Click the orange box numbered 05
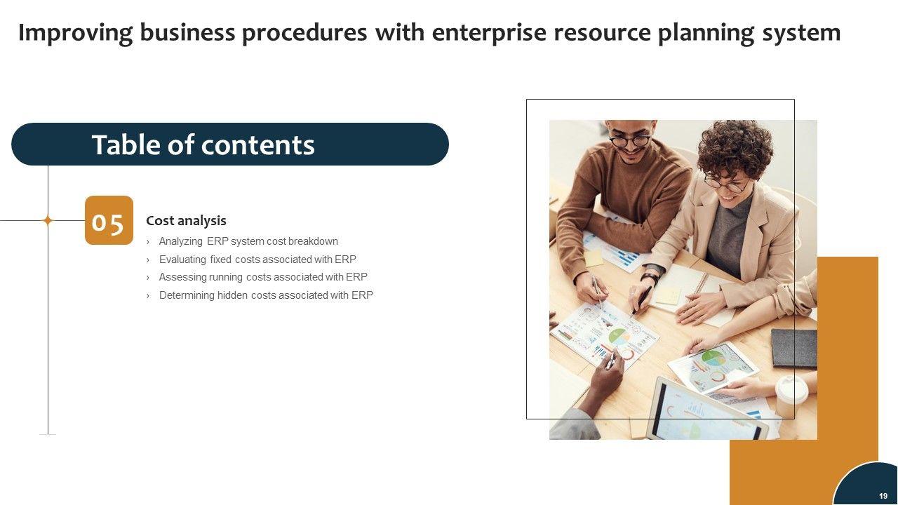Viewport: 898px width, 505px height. point(109,220)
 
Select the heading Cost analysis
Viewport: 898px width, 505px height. point(186,220)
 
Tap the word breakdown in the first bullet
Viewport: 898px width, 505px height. point(313,241)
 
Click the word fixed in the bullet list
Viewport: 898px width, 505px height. point(220,260)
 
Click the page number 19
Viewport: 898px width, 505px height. point(883,496)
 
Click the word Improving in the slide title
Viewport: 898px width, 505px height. point(75,33)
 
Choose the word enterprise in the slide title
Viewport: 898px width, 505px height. point(489,33)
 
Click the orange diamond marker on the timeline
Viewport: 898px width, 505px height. point(48,220)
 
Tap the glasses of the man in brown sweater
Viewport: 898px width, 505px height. point(630,141)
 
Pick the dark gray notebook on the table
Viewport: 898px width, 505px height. point(794,349)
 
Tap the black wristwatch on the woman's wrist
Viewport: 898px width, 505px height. point(650,277)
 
